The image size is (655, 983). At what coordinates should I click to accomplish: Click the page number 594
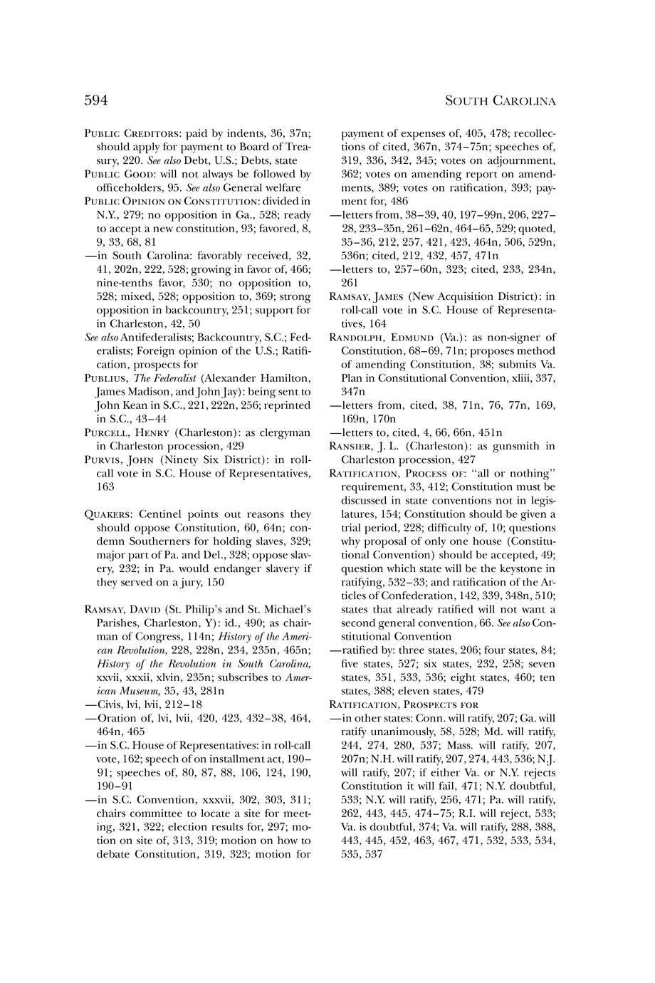96,100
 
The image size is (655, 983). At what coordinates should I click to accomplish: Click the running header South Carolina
500,101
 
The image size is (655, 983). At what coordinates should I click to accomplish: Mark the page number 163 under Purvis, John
104,487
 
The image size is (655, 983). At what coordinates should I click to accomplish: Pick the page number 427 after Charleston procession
466,459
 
